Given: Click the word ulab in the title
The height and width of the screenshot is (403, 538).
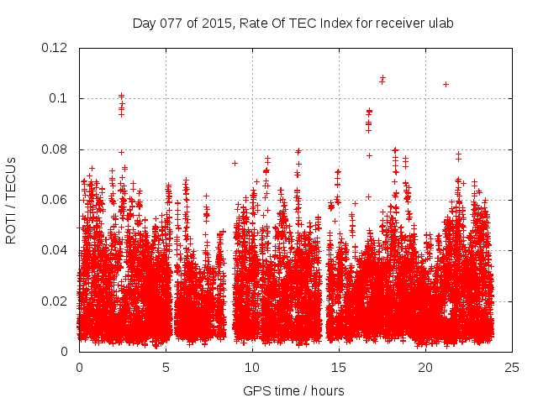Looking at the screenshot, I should (x=440, y=24).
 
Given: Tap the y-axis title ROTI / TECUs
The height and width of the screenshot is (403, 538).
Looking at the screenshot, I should (x=11, y=200).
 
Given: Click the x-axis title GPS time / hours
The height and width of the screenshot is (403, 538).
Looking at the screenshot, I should (x=293, y=390).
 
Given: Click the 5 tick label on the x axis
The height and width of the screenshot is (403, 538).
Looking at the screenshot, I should (x=166, y=368).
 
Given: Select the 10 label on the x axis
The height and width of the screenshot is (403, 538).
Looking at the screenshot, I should (x=252, y=368).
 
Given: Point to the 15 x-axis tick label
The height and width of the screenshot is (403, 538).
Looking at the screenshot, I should (x=339, y=368).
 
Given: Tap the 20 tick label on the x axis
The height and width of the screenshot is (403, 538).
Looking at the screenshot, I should (x=425, y=368).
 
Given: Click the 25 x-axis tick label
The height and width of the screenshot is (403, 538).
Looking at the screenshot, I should (x=512, y=368).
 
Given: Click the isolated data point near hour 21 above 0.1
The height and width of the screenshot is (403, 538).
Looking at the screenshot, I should (x=446, y=84).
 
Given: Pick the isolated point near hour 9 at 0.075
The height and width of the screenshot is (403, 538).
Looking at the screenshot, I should (x=235, y=163).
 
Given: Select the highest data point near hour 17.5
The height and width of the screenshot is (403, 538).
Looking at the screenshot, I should (x=382, y=78).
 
